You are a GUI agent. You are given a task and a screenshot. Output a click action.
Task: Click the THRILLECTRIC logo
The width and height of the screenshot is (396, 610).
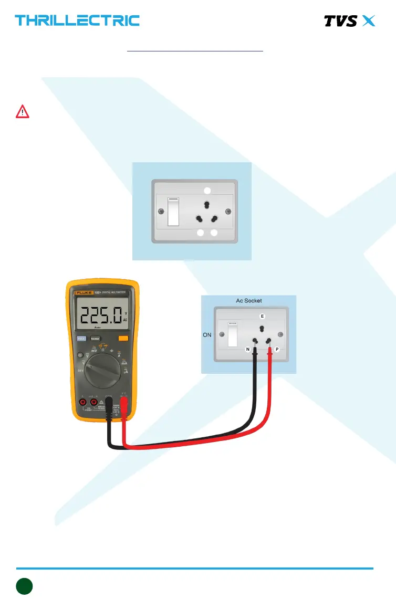click(x=77, y=20)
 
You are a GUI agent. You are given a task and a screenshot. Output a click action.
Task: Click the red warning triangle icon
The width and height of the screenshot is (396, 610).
click(x=23, y=112)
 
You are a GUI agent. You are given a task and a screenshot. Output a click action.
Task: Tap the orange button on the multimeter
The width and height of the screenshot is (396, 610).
click(x=123, y=339)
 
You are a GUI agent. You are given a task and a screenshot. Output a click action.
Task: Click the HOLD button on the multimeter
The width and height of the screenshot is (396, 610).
click(x=81, y=339)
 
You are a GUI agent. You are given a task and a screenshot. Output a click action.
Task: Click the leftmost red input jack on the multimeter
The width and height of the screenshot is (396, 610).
click(x=82, y=402)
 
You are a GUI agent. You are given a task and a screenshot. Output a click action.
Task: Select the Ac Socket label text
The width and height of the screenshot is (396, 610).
click(x=249, y=301)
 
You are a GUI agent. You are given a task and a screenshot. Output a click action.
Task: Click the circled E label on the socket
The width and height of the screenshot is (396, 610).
click(x=262, y=317)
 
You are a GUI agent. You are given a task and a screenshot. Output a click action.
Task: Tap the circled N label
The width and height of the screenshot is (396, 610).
click(x=247, y=349)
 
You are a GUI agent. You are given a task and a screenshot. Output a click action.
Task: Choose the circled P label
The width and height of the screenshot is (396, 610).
click(x=277, y=349)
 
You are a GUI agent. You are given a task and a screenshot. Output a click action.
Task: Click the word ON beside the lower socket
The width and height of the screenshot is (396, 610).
click(x=206, y=334)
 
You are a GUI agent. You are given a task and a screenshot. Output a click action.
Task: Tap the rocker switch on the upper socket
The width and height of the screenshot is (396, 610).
click(x=173, y=211)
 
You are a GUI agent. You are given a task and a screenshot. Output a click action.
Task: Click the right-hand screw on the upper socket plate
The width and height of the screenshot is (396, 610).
click(x=228, y=211)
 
